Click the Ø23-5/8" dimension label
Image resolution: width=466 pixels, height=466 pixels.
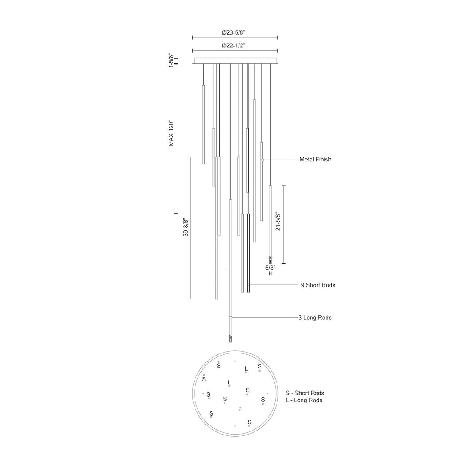[x=235, y=32]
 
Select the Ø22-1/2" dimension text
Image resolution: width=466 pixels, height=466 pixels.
[x=235, y=45]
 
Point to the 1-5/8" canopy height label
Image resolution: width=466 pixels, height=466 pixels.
[x=171, y=61]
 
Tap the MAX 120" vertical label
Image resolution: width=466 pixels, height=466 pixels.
[x=171, y=133]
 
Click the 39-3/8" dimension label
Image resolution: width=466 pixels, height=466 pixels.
[x=186, y=227]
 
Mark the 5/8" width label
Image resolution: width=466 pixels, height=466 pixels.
[x=270, y=268]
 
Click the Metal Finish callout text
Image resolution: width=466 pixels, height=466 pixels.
[x=315, y=160]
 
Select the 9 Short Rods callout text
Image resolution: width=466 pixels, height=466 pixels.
[x=318, y=285]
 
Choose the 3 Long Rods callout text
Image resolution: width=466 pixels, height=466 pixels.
[x=315, y=318]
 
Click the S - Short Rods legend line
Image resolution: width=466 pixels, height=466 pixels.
[x=305, y=393]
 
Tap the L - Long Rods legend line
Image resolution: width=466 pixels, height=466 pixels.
[x=304, y=400]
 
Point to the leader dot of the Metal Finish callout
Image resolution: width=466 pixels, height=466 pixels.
[x=262, y=160]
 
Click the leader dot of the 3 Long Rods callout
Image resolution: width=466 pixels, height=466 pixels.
[x=231, y=318]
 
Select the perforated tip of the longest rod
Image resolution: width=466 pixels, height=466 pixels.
[x=231, y=339]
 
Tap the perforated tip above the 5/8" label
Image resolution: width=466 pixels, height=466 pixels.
[x=271, y=260]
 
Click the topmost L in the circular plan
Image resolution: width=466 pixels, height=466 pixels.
[x=246, y=368]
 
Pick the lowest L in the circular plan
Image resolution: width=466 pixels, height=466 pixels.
[x=240, y=406]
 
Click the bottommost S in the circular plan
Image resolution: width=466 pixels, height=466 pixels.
[x=249, y=422]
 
